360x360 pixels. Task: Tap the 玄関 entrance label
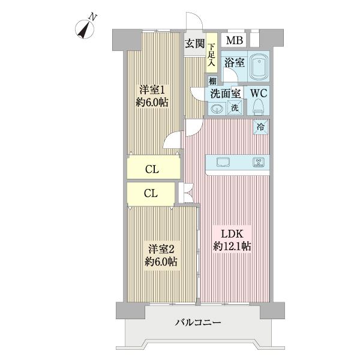click(193, 43)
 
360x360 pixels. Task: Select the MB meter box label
click(235, 40)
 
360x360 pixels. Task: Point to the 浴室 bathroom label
click(234, 62)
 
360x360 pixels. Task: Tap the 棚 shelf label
click(212, 81)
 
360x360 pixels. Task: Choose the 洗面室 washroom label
click(226, 94)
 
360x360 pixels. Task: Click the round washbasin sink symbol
click(217, 109)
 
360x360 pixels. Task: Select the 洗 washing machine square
click(235, 109)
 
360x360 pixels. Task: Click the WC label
click(259, 94)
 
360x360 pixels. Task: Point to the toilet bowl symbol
click(259, 107)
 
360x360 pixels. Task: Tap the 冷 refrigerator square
click(261, 126)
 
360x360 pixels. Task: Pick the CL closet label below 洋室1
click(152, 169)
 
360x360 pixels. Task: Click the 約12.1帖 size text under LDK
click(232, 245)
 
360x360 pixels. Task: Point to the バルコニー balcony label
click(198, 323)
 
